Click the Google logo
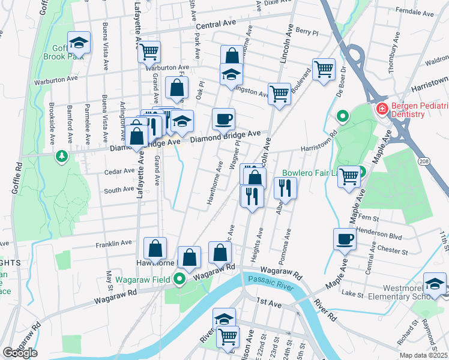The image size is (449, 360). [x=20, y=353]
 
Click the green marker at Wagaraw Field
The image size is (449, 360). [x=179, y=278]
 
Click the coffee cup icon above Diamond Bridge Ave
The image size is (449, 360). [x=223, y=118]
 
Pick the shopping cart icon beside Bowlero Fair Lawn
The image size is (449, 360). [x=349, y=176]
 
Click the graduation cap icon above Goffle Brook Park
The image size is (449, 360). [x=79, y=42]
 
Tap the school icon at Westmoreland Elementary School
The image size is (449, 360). [x=435, y=283]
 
